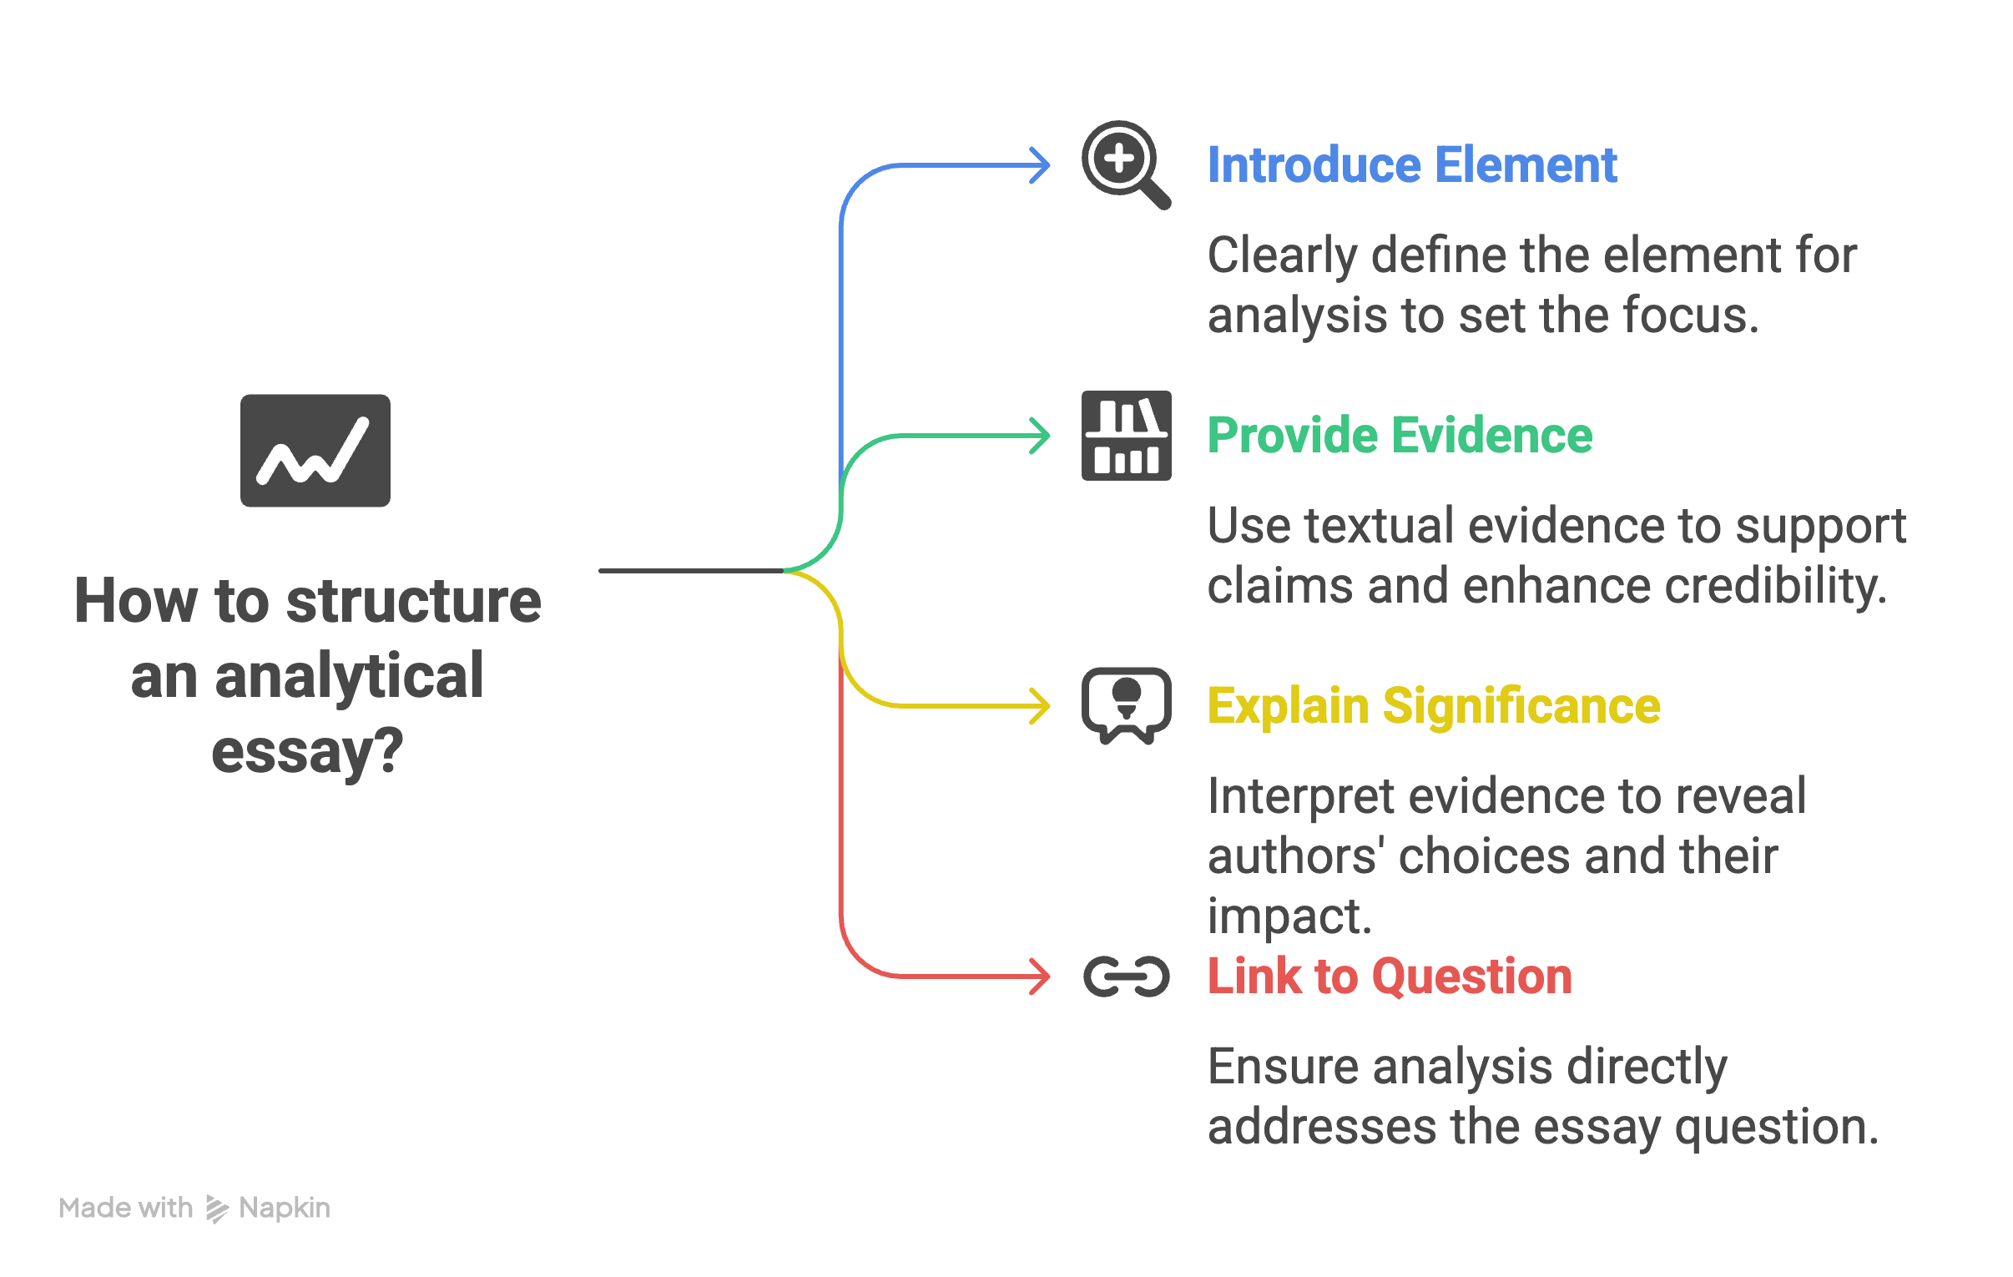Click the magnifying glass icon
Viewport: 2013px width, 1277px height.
[x=1125, y=164]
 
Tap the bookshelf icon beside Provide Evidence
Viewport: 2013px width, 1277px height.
[x=1126, y=436]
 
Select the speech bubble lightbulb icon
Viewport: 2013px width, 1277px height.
[x=1126, y=706]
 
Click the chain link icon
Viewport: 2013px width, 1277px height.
[x=1126, y=977]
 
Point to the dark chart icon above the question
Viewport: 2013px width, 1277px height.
[x=315, y=451]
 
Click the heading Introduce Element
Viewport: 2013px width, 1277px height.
[x=1412, y=164]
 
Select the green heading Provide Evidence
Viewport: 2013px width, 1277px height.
[x=1400, y=436]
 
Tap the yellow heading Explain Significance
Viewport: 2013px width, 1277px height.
[x=1434, y=707]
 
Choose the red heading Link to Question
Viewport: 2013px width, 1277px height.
[x=1390, y=977]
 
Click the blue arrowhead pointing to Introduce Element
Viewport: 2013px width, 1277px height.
[x=1040, y=165]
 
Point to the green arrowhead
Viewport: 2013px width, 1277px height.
[x=1040, y=436]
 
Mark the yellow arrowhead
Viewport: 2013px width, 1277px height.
[x=1040, y=707]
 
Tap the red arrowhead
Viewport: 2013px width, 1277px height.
[x=1040, y=977]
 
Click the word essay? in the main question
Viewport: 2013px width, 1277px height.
[x=308, y=752]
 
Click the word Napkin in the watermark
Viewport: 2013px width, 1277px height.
[x=285, y=1208]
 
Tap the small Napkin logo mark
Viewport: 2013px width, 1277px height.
[x=216, y=1209]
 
